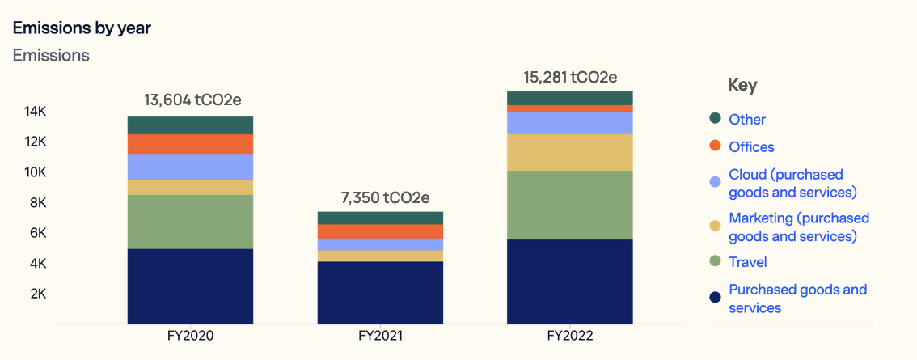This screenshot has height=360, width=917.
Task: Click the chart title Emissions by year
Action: tap(82, 28)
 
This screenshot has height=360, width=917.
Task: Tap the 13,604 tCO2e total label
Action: tap(192, 101)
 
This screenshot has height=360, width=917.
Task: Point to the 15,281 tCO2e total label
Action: tap(569, 78)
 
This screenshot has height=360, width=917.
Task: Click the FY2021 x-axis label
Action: tap(380, 335)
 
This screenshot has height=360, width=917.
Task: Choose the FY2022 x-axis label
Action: tap(569, 335)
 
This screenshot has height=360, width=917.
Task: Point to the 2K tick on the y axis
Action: tap(36, 294)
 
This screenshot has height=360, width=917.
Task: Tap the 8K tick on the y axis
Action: tap(36, 202)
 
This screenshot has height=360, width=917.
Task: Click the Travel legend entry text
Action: tap(747, 262)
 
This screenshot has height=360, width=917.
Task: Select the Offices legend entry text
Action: tap(751, 147)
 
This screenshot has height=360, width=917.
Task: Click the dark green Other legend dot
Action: tap(715, 119)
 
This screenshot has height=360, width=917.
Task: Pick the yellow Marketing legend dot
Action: tap(715, 227)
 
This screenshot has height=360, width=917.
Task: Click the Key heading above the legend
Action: tap(742, 85)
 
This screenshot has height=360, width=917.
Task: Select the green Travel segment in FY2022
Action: tap(569, 205)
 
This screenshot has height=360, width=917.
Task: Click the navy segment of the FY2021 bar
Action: tap(380, 292)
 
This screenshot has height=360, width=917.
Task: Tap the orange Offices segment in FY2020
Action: tap(190, 144)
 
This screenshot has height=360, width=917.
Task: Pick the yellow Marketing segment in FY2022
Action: tap(569, 152)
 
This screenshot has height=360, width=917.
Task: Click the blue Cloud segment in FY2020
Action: tap(190, 167)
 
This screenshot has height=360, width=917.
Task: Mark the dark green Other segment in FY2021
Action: tap(380, 218)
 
